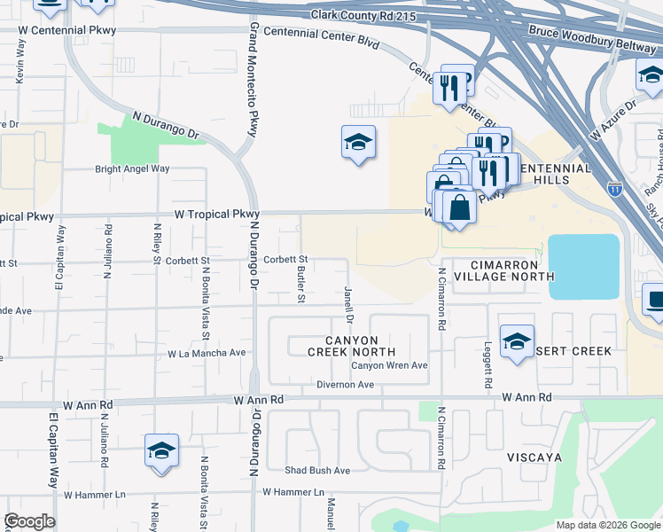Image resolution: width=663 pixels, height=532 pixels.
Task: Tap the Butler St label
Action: click(301, 285)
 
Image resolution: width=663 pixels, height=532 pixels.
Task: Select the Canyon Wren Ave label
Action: click(389, 365)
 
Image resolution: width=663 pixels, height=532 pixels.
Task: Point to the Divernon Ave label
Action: click(346, 385)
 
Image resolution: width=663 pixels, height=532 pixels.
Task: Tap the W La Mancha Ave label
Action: click(207, 353)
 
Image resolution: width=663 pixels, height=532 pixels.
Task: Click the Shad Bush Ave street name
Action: click(317, 470)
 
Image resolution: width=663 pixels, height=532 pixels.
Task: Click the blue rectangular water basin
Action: click(583, 266)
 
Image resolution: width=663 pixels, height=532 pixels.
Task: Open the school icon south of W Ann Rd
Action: click(162, 451)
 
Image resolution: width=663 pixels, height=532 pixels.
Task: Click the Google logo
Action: click(29, 521)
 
